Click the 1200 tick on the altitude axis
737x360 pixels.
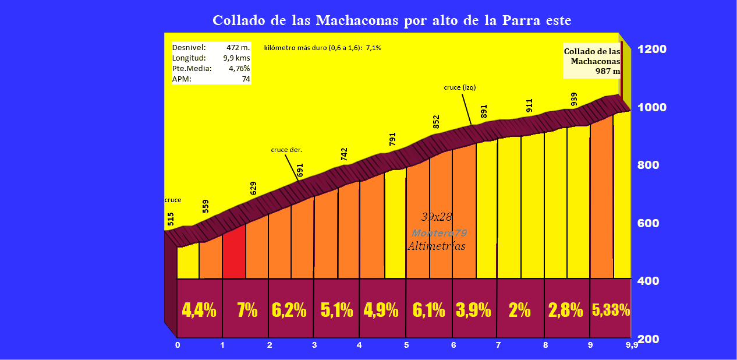652,49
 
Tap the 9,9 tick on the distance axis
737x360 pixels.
632,345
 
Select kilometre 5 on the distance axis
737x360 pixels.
406,345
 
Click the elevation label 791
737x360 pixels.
392,140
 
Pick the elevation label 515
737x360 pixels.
171,219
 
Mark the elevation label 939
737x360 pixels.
575,99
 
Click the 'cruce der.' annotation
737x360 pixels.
286,150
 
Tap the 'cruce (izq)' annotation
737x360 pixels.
460,87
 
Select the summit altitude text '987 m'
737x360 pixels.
608,71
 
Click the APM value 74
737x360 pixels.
246,79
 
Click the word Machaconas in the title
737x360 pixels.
357,20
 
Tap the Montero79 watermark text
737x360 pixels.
440,232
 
